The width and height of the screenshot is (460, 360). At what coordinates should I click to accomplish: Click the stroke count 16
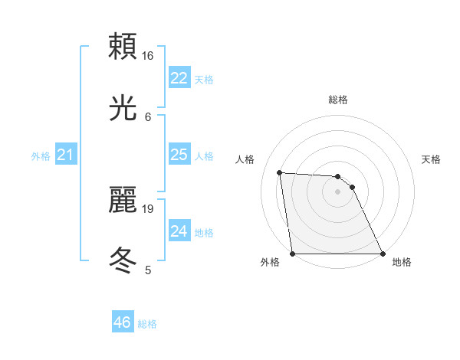click(x=148, y=56)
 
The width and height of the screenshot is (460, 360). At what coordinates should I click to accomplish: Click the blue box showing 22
click(x=179, y=78)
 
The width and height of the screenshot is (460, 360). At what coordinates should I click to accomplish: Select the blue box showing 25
click(x=179, y=155)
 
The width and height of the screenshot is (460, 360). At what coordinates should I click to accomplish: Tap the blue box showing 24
click(x=179, y=231)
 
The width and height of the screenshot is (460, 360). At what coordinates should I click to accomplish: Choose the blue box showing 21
click(x=65, y=155)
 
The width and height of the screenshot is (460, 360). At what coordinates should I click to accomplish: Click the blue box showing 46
click(x=122, y=322)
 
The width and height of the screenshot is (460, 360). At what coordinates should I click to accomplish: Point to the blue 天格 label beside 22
click(x=204, y=80)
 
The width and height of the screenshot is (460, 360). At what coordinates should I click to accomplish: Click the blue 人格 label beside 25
click(x=204, y=156)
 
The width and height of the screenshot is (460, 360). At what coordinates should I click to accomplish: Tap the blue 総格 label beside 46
click(x=147, y=324)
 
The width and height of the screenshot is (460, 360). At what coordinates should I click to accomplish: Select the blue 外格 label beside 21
click(x=41, y=156)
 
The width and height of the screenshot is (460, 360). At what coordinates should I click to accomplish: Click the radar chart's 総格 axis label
click(x=337, y=100)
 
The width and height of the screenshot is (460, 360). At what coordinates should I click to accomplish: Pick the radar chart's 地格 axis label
click(x=402, y=262)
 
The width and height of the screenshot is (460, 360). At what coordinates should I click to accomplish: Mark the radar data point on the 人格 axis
click(x=280, y=172)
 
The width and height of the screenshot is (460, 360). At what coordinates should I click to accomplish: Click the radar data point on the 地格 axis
click(x=382, y=254)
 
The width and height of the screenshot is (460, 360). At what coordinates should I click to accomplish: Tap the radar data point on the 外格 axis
click(x=292, y=254)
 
